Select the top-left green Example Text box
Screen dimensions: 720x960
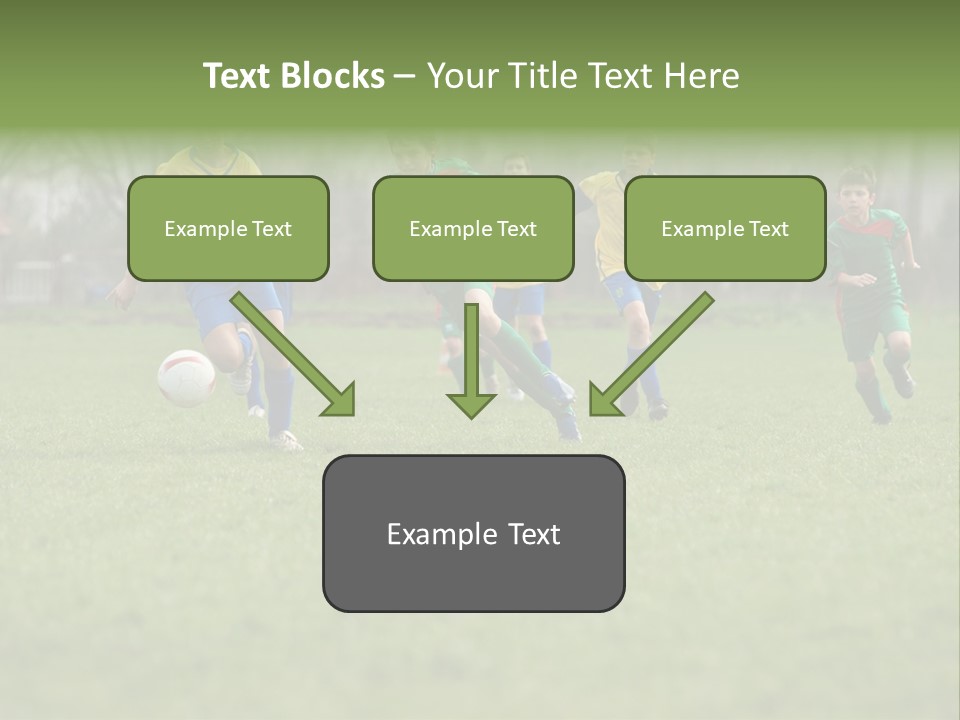[228, 228]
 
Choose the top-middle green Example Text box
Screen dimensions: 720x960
[473, 228]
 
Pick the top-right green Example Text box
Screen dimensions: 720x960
[725, 228]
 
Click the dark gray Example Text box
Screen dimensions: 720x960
[473, 533]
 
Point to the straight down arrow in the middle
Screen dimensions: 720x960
[471, 360]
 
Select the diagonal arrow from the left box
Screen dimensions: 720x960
[294, 354]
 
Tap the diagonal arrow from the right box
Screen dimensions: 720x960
[650, 354]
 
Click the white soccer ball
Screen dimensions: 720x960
[186, 378]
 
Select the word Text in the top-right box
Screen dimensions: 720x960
[768, 229]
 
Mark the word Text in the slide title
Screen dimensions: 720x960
[239, 76]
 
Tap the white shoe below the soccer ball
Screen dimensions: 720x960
[285, 439]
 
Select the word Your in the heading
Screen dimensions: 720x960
[463, 76]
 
